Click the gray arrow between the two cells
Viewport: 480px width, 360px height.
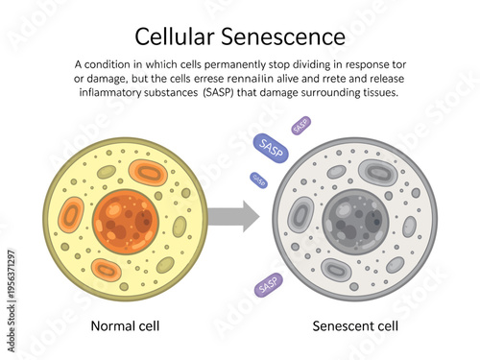pyautogui.click(x=235, y=217)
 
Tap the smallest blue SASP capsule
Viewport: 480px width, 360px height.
pyautogui.click(x=259, y=179)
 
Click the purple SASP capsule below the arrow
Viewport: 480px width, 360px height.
pyautogui.click(x=269, y=283)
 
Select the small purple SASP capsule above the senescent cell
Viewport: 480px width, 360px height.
pyautogui.click(x=300, y=124)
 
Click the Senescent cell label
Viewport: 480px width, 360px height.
pyautogui.click(x=356, y=325)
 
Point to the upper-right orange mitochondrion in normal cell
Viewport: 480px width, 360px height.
pyautogui.click(x=149, y=173)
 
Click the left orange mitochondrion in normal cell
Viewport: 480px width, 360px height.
pyautogui.click(x=71, y=213)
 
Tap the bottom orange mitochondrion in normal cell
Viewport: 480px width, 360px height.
pyautogui.click(x=107, y=270)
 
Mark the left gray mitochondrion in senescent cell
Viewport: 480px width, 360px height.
pyautogui.click(x=301, y=213)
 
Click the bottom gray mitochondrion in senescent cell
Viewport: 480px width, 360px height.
pyautogui.click(x=336, y=270)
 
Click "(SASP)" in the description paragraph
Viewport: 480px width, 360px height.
pyautogui.click(x=227, y=92)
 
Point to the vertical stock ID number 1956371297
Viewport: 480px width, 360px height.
pyautogui.click(x=10, y=279)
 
